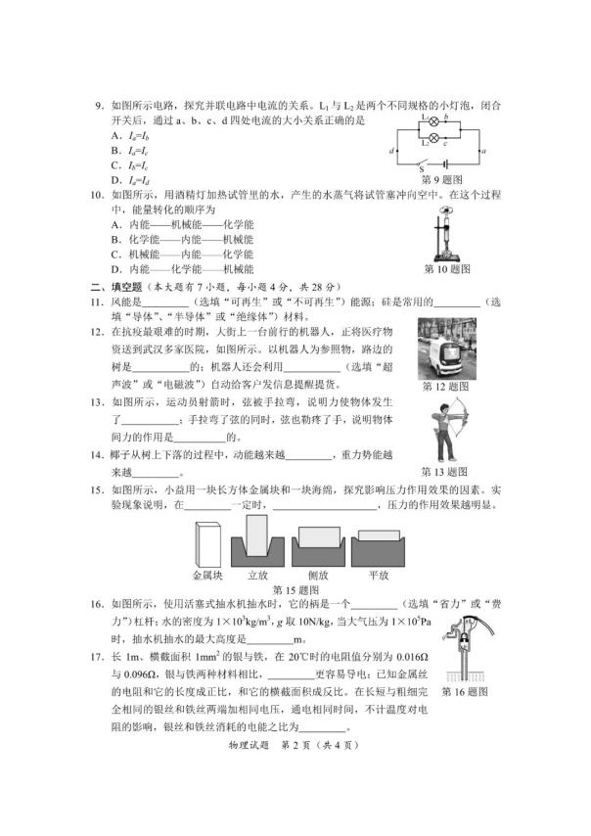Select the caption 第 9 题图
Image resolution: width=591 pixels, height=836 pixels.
(x=441, y=179)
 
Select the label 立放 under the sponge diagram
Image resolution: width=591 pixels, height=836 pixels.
(x=258, y=576)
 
